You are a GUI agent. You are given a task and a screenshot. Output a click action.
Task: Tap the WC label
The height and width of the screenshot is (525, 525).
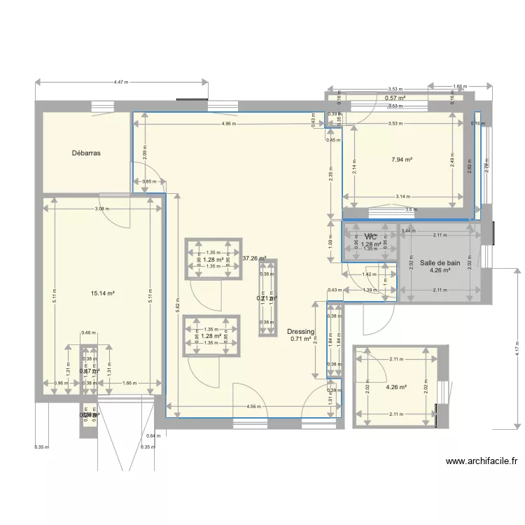(370, 237)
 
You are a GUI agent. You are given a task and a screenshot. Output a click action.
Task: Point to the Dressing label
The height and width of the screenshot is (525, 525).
(300, 332)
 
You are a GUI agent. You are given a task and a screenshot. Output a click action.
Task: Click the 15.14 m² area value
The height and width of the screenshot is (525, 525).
(102, 294)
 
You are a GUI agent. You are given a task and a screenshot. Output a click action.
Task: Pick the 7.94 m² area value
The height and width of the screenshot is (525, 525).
(402, 160)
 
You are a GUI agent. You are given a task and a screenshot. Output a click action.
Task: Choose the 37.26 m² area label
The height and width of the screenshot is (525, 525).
(254, 258)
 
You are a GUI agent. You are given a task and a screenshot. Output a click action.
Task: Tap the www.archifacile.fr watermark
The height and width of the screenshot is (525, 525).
(481, 461)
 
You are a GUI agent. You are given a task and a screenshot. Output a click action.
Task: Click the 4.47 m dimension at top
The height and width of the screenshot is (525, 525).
(121, 83)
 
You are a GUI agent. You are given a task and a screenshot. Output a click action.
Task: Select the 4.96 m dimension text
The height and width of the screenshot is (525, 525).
(228, 124)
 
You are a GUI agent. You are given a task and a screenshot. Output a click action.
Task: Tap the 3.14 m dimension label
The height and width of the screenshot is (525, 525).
(402, 196)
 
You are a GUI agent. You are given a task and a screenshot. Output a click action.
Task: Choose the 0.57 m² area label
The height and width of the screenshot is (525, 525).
(395, 98)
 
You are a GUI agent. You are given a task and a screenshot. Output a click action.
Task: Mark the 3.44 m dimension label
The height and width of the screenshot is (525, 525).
(409, 230)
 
